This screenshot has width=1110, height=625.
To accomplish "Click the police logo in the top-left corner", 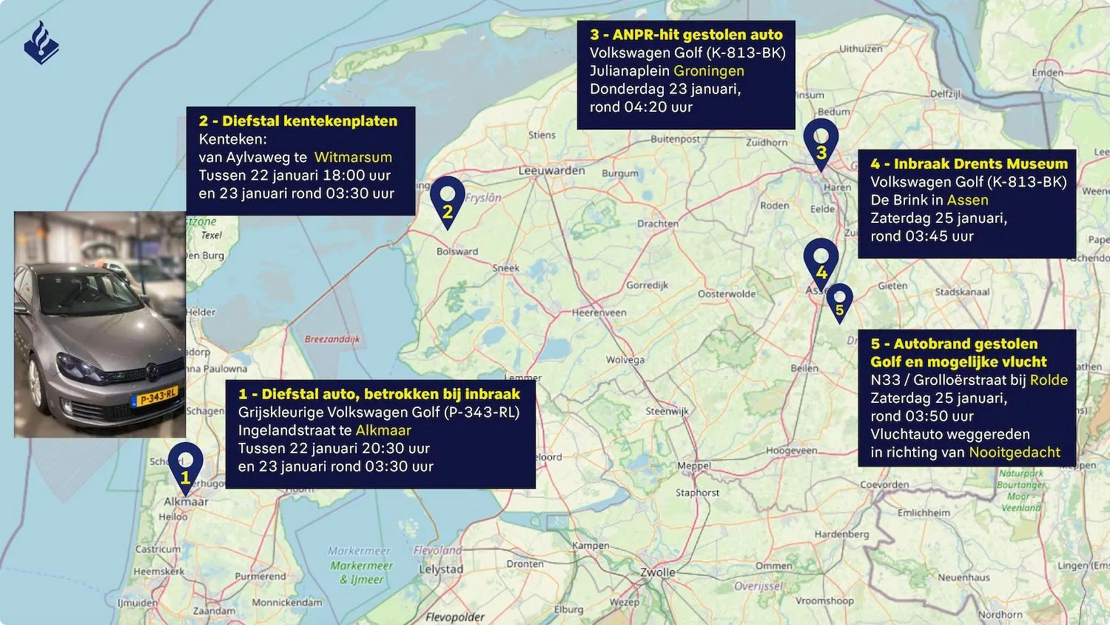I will pyautogui.click(x=41, y=43).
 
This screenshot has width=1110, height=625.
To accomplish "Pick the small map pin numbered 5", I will pyautogui.click(x=839, y=302).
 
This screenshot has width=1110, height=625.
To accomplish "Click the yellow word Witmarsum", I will pyautogui.click(x=353, y=157).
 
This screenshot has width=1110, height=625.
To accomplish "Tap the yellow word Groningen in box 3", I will pyautogui.click(x=709, y=71).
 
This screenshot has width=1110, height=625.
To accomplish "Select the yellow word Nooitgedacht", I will pyautogui.click(x=1015, y=452).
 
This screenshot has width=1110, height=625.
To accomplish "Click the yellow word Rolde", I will pyautogui.click(x=1049, y=380).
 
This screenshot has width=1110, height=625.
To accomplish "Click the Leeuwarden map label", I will pyautogui.click(x=551, y=170).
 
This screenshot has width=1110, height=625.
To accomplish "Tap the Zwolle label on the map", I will pyautogui.click(x=658, y=572).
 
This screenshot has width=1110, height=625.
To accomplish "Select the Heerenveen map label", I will pyautogui.click(x=599, y=312).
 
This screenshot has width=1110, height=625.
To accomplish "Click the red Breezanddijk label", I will pyautogui.click(x=332, y=339).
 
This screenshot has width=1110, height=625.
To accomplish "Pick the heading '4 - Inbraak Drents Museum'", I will pyautogui.click(x=969, y=164).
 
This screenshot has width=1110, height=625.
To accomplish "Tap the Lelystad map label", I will pyautogui.click(x=441, y=569).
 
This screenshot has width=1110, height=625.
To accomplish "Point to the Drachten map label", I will pyautogui.click(x=658, y=224).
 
